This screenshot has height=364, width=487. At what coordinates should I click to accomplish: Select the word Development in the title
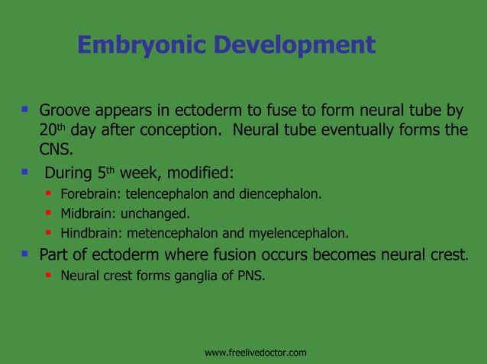[x=294, y=46]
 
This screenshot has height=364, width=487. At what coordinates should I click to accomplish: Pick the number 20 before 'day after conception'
[x=48, y=130]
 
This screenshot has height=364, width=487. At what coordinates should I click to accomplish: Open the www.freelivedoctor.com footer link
[x=256, y=353]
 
